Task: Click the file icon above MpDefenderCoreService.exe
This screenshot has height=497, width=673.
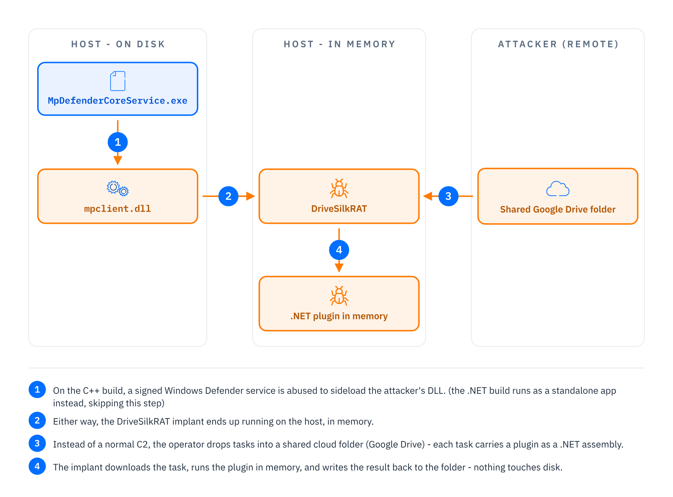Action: tap(118, 81)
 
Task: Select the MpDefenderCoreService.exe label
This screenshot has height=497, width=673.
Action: tap(118, 101)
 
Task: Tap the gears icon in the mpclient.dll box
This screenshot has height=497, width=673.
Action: tap(118, 188)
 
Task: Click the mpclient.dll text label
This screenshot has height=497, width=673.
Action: tap(118, 209)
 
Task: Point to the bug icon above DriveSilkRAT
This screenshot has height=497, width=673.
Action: tap(339, 188)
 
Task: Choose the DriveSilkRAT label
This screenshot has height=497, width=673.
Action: tap(339, 209)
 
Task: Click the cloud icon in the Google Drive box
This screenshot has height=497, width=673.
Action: tap(558, 189)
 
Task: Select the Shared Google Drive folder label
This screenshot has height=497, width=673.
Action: tap(558, 209)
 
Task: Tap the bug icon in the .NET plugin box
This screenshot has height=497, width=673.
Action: tap(339, 296)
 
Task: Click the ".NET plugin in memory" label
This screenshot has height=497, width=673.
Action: tap(339, 316)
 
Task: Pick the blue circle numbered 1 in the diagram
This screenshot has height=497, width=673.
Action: tap(118, 142)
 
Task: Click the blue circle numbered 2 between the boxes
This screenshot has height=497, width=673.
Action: tap(228, 196)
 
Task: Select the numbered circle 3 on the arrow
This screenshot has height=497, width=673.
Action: tap(449, 196)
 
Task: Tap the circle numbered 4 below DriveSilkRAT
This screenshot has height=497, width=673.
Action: tap(339, 250)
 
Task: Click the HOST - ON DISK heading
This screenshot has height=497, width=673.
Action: tap(118, 44)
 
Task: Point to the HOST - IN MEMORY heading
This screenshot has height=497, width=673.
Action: tap(339, 44)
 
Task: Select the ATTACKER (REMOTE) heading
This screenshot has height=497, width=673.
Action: tap(558, 44)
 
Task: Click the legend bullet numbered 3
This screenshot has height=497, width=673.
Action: tap(37, 443)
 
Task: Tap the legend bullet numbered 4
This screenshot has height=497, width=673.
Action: tap(37, 466)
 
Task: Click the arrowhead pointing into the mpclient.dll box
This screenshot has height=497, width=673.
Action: tap(118, 160)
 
